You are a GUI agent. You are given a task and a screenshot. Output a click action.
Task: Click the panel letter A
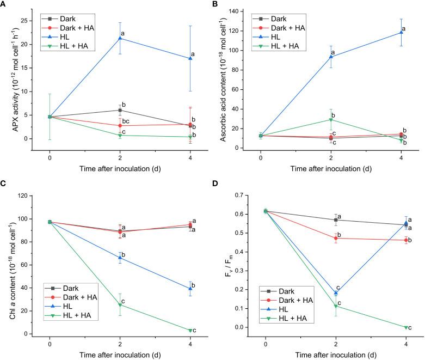click(x=4, y=4)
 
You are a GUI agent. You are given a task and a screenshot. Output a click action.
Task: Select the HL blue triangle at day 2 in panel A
click(x=120, y=38)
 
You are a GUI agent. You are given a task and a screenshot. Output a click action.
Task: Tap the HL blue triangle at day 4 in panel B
click(x=401, y=32)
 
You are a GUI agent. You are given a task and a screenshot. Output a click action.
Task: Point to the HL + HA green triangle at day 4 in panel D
click(x=406, y=327)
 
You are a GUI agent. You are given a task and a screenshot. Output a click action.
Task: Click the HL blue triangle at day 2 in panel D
click(x=336, y=293)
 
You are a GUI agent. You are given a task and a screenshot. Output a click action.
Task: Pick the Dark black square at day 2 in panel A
click(x=120, y=110)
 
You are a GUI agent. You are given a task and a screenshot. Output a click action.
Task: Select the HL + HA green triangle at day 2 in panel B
click(x=331, y=120)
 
